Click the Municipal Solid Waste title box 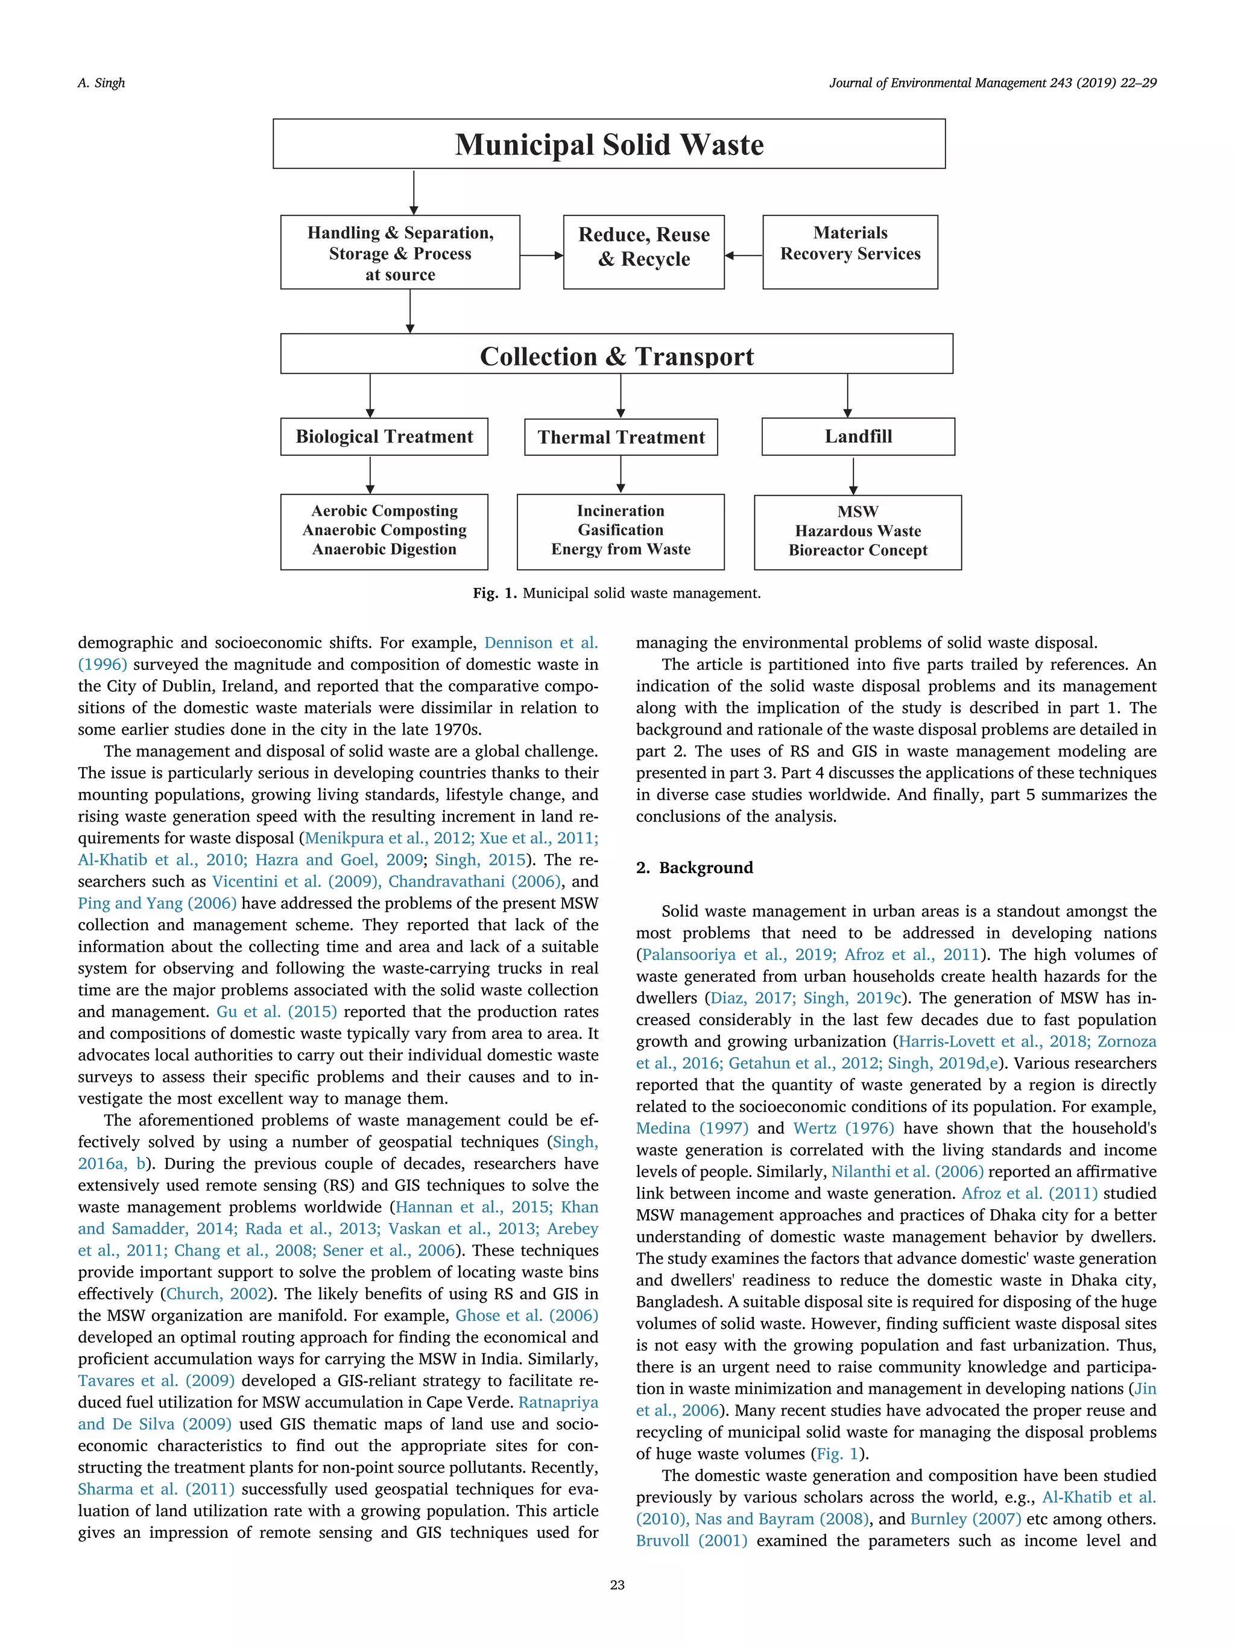coord(609,144)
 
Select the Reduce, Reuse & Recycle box coord(643,251)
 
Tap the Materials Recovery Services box coord(850,251)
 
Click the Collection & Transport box coord(616,355)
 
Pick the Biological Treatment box coord(384,436)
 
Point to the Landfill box coord(858,436)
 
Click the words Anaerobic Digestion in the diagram coord(384,549)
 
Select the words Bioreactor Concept coord(858,550)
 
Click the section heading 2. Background coord(694,867)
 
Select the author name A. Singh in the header coord(101,83)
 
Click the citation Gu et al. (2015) coord(276,1012)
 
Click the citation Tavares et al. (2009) coord(156,1381)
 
